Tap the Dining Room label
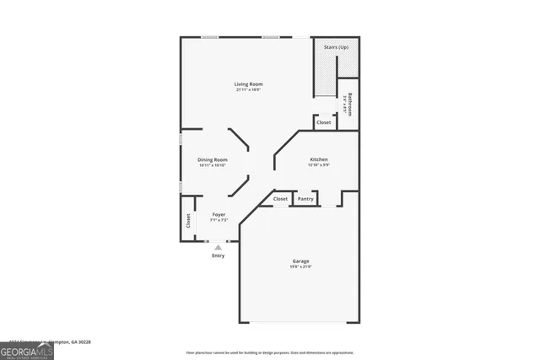[x=213, y=159]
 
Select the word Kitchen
[x=318, y=159]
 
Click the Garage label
[x=301, y=261]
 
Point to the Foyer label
[x=219, y=215]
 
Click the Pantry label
[x=305, y=199]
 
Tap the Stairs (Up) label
[x=337, y=47]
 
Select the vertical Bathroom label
[x=348, y=104]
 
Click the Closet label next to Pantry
[x=280, y=199]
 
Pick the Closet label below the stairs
[x=324, y=122]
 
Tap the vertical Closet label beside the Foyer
[x=188, y=221]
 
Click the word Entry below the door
[x=219, y=255]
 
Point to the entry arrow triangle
[x=219, y=247]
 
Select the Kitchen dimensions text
[x=318, y=165]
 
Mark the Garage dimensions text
[x=301, y=266]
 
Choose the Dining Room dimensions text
[x=213, y=165]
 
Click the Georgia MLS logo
[x=27, y=347]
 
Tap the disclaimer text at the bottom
[x=269, y=352]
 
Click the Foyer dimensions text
[x=219, y=221]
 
